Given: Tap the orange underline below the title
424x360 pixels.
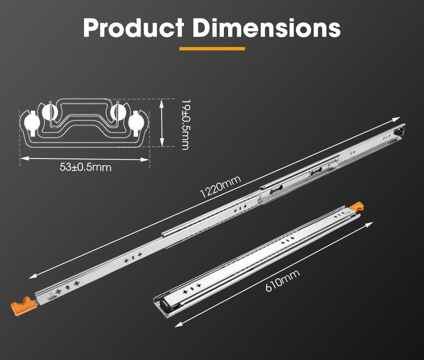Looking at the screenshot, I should point(212,49).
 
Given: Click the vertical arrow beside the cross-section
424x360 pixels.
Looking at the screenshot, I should point(163,124).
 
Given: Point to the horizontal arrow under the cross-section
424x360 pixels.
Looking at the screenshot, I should point(85,159).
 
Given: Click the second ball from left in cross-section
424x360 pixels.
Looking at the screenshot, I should point(49,112).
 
